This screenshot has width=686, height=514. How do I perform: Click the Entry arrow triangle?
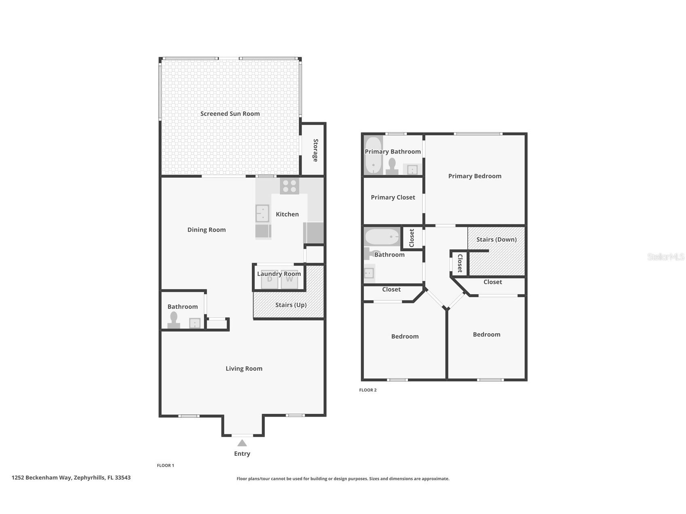point(242,443)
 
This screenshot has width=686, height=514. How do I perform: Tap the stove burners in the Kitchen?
point(289,186)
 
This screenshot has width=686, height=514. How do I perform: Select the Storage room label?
point(315,150)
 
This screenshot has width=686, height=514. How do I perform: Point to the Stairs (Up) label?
point(291,305)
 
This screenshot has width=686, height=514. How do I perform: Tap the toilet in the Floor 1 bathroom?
point(174,320)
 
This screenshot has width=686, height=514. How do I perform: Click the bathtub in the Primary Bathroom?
point(373,155)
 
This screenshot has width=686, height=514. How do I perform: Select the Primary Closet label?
point(393,197)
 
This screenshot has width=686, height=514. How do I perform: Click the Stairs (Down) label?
point(496,239)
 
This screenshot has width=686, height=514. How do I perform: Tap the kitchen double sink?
point(262,213)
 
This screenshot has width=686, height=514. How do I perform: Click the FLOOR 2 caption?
point(367,390)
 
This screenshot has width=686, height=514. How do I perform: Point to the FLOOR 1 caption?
point(165,465)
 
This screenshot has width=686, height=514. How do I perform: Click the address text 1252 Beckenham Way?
point(71,477)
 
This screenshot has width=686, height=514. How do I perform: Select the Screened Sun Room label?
point(230,114)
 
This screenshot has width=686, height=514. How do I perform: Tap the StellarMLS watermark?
point(665,257)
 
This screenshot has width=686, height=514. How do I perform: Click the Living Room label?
point(244,368)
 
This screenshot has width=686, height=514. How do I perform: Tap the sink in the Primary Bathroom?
point(412,170)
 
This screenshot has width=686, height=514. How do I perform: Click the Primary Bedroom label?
point(475,176)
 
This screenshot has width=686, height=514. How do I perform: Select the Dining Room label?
point(206,230)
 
